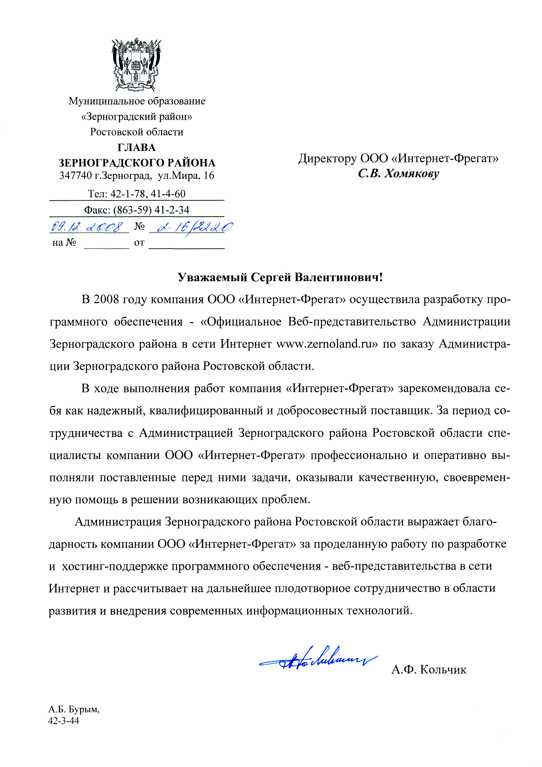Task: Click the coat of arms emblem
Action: click(x=136, y=65)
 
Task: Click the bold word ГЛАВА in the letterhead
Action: click(x=136, y=147)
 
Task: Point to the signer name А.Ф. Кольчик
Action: click(x=429, y=669)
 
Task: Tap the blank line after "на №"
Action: click(x=106, y=246)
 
